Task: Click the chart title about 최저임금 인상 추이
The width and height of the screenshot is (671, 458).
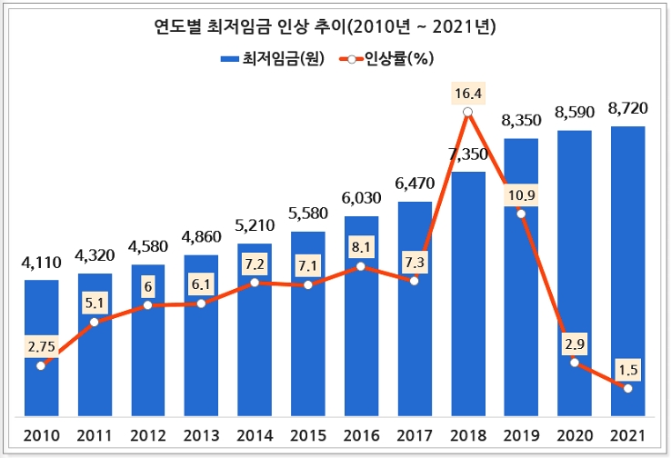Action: coord(335,28)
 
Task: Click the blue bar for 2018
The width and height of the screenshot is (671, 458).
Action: coord(467,291)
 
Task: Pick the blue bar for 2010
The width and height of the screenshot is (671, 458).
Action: coord(41,345)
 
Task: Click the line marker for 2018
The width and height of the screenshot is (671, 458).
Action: coord(467,113)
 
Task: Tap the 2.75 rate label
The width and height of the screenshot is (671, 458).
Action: coord(41,345)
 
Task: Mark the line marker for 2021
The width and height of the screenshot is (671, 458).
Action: coord(627,388)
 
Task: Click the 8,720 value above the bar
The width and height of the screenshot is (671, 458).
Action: coord(627,109)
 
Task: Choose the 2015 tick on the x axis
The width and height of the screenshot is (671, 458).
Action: coord(307,434)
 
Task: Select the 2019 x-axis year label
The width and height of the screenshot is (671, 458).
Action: coord(521,434)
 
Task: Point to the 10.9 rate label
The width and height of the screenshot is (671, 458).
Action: coord(521,194)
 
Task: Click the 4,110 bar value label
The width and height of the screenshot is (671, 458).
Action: coord(41,264)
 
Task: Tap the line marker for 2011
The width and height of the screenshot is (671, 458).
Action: coord(95,322)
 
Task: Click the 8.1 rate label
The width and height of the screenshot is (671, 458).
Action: coord(361,246)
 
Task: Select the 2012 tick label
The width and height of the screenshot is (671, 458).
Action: coord(147,434)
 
